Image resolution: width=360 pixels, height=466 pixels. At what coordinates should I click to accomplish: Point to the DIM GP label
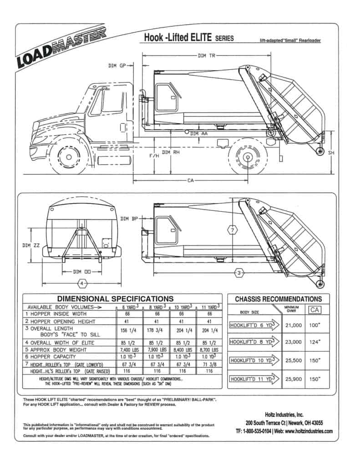point(117,66)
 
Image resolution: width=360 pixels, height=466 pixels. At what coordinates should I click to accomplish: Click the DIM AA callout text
point(198,133)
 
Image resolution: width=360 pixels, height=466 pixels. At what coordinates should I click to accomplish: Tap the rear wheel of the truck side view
point(247,157)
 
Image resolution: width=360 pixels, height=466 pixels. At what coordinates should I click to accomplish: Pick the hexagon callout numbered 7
point(232,230)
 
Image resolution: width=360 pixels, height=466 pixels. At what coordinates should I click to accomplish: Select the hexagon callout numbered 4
point(82,284)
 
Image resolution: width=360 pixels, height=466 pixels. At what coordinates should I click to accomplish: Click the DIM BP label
point(129,219)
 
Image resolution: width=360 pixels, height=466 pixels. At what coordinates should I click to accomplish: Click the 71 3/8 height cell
point(209,364)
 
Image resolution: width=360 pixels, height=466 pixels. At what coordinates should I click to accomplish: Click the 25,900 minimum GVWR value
point(294,379)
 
